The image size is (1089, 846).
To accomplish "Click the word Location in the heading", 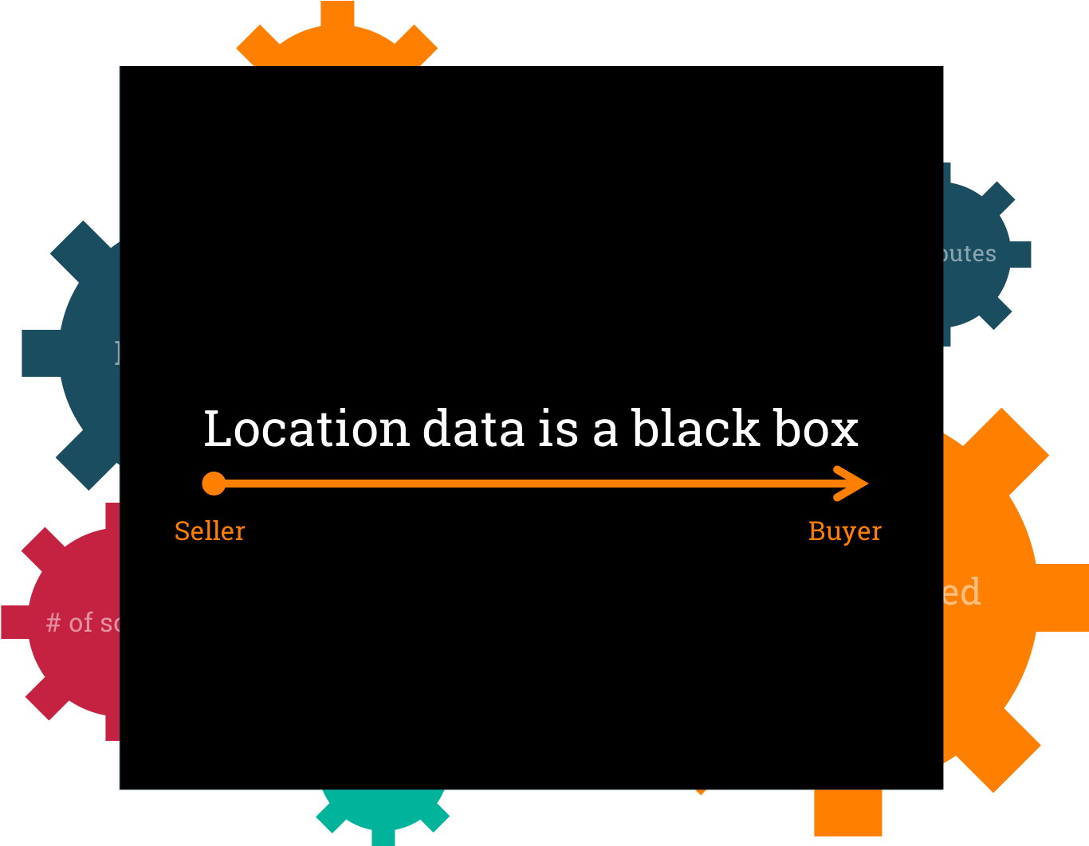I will point(305,429).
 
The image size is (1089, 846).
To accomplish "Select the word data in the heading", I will point(474,429).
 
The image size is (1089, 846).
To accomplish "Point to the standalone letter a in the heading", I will point(605,430).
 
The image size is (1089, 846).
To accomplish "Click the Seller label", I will point(210,531).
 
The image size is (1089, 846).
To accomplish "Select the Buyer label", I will point(845,531).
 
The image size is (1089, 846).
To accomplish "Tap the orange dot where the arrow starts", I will point(214,484).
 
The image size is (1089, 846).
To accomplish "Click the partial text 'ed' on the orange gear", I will point(961,593).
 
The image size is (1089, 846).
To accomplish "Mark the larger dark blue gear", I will point(84,354).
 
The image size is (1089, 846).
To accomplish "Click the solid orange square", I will point(848,813).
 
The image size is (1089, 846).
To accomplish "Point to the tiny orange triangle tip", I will point(700,792).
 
